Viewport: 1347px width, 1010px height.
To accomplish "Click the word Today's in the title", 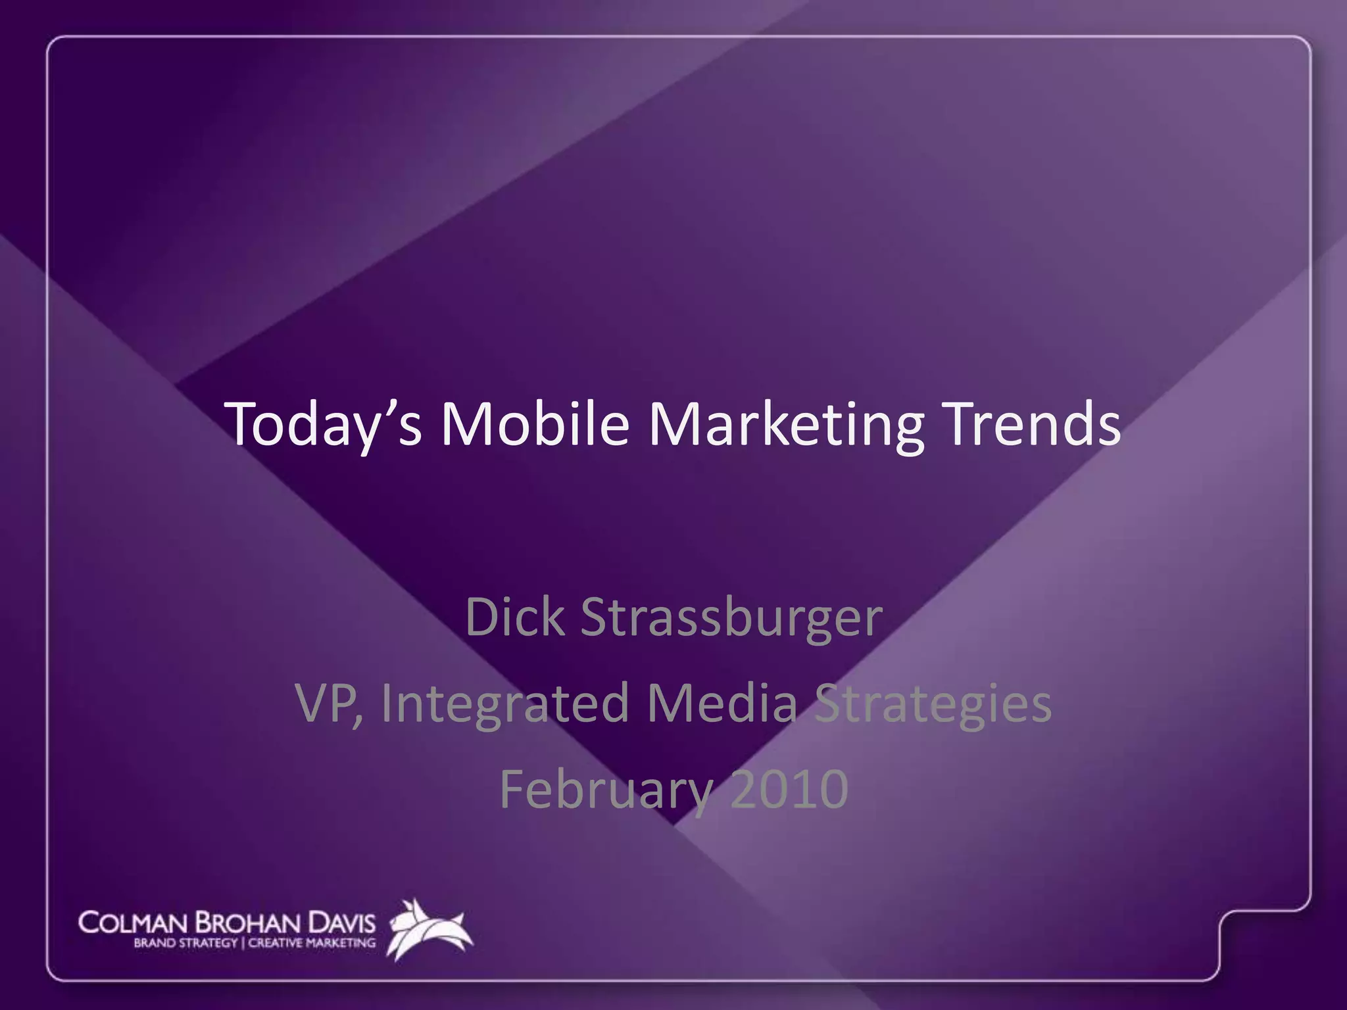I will [x=323, y=425].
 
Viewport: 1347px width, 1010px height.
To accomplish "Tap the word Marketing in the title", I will [x=786, y=425].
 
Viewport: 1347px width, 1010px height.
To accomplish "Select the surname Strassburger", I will [x=731, y=619].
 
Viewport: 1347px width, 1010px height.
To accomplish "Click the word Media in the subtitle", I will [x=722, y=702].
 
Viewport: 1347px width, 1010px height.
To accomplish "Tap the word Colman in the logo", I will [x=132, y=923].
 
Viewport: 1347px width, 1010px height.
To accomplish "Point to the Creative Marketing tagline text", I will [x=312, y=944].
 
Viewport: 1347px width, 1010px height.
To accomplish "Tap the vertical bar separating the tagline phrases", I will [x=243, y=944].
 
